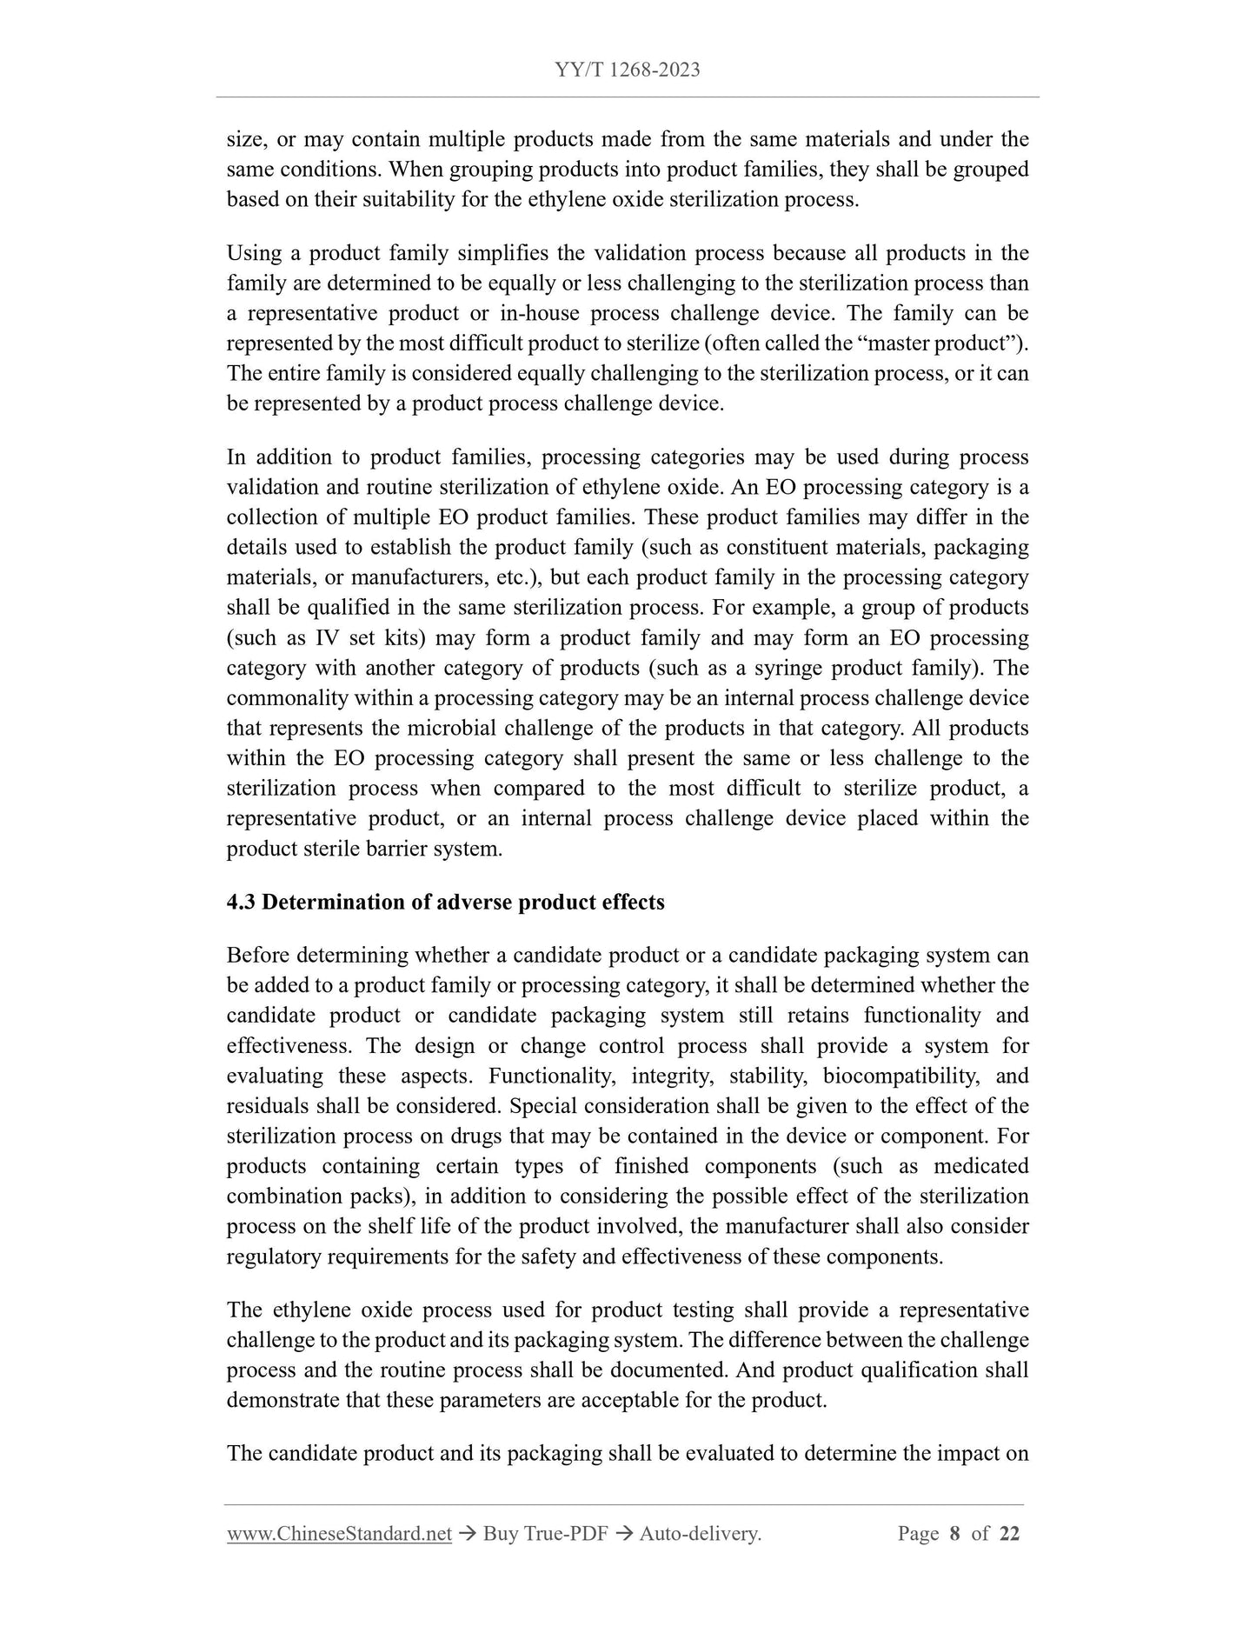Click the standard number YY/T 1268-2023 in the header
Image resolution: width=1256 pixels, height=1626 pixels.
pyautogui.click(x=627, y=70)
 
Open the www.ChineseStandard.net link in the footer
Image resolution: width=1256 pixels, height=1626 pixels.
pyautogui.click(x=339, y=1534)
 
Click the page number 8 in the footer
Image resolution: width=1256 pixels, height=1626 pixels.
pyautogui.click(x=954, y=1534)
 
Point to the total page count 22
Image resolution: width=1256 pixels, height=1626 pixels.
pyautogui.click(x=1009, y=1534)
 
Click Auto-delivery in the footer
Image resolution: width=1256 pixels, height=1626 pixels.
pyautogui.click(x=700, y=1534)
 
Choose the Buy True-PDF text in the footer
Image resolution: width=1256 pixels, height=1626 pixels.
pyautogui.click(x=545, y=1534)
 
